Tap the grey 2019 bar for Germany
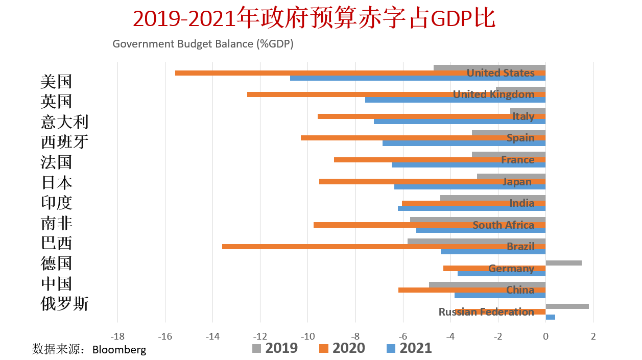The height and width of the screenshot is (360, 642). (x=563, y=263)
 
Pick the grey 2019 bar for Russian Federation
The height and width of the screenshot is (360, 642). (x=567, y=306)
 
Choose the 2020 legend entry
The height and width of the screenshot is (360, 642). (x=342, y=348)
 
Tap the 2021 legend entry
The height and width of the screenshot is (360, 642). (x=409, y=348)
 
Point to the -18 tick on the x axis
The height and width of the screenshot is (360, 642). (x=117, y=337)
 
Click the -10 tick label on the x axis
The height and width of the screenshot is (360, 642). (x=307, y=337)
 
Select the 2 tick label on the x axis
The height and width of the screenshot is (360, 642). (x=593, y=337)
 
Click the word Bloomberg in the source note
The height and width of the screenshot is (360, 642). (x=119, y=350)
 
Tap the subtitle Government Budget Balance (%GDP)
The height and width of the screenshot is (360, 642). (x=203, y=44)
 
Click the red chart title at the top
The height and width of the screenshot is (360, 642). (x=314, y=19)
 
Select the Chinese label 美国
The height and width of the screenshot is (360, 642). (x=56, y=81)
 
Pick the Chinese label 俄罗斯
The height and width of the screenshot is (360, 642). (x=64, y=304)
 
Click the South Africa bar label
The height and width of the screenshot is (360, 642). (x=503, y=225)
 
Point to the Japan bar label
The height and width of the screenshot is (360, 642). (x=517, y=182)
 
